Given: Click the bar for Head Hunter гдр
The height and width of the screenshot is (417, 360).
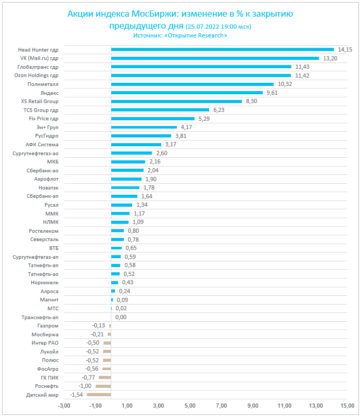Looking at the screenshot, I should tap(222, 50).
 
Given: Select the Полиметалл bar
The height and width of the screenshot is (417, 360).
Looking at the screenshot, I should tap(192, 84).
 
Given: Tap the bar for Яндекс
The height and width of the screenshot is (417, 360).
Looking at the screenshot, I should tap(187, 93).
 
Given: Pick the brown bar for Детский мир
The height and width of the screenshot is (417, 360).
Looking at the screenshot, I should tap(99, 395).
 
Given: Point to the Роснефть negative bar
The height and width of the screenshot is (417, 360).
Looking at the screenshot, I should tap(103, 386).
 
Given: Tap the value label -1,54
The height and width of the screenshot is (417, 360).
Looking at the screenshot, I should tap(76, 395).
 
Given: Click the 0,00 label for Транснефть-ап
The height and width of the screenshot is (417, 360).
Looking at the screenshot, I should tap(121, 317).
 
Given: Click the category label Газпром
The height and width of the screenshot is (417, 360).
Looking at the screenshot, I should tap(48, 326).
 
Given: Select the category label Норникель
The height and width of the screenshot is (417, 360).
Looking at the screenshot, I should tap(45, 283).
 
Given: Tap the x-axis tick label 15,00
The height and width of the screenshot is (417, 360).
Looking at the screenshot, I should tap(347, 406).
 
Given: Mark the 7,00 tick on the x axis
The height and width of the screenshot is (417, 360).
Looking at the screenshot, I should tap(222, 406).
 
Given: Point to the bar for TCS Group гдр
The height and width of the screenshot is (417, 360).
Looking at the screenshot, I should tap(160, 110).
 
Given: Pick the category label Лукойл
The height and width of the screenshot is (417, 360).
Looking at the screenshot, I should tap(49, 352).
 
